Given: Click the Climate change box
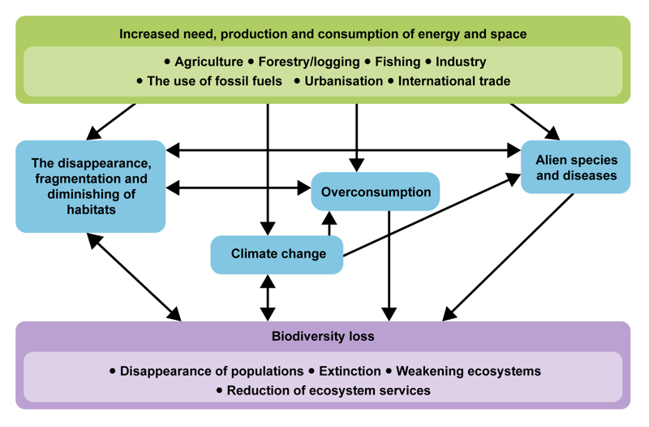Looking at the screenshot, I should coord(277,254).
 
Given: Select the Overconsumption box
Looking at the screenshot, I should coord(376,192).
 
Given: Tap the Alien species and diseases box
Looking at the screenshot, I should coord(575,167).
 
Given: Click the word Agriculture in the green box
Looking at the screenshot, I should coord(208,62).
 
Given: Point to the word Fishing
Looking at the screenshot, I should coord(398,62).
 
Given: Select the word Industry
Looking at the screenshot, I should coord(461,62).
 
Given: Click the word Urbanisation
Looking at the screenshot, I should coord(343,81).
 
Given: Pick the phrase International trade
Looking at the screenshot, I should coord(454,81).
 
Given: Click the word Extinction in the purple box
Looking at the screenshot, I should coord(350,371).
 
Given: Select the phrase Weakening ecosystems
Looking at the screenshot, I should coord(468,371).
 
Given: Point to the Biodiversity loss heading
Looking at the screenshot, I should coord(323,336).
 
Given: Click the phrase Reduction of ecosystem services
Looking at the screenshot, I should coord(329,390).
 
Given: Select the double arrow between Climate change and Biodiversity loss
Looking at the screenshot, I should coord(267,297).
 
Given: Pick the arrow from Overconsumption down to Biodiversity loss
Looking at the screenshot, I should coord(390,264).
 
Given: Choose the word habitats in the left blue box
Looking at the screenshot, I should coord(91,210).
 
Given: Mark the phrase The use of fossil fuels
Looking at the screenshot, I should coord(215,81).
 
